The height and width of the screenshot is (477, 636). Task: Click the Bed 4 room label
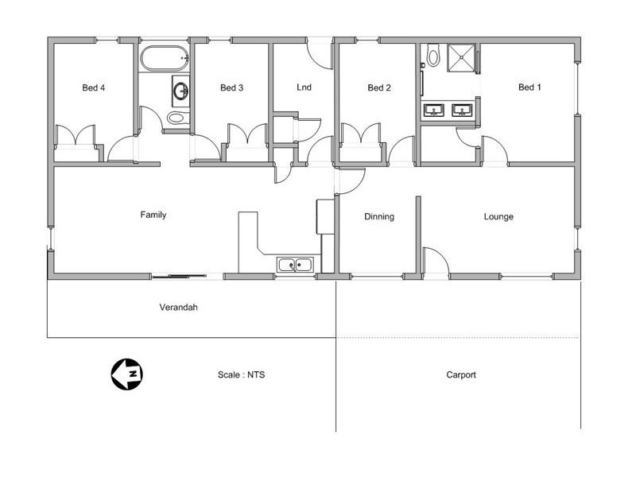94,87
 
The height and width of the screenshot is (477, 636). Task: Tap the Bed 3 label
231,87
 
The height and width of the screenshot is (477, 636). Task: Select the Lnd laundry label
303,87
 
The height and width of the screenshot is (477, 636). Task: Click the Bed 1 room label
529,87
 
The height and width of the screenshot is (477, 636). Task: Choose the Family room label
153,215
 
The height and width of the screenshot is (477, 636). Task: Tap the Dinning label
379,216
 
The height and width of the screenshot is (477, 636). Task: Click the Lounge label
498,216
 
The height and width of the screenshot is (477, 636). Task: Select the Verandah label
178,307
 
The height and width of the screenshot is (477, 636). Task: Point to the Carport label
461,374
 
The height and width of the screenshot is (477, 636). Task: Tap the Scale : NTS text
241,374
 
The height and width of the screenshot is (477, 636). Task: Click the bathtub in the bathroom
165,58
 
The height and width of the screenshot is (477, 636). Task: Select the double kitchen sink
297,265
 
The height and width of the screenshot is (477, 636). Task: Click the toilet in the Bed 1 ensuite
433,56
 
